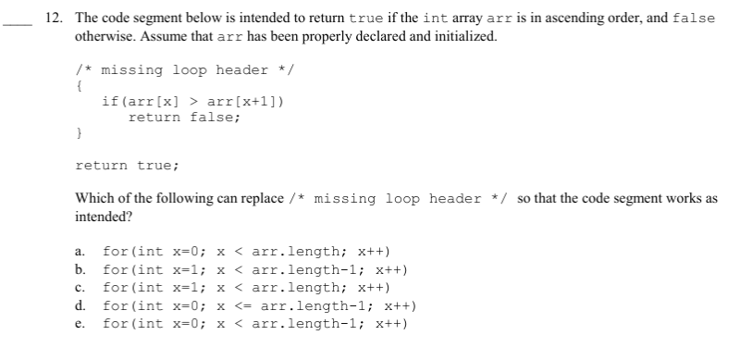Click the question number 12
point(56,19)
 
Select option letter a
point(80,252)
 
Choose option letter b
point(80,270)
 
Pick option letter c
point(80,288)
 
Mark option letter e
point(80,324)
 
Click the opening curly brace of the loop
point(80,86)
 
